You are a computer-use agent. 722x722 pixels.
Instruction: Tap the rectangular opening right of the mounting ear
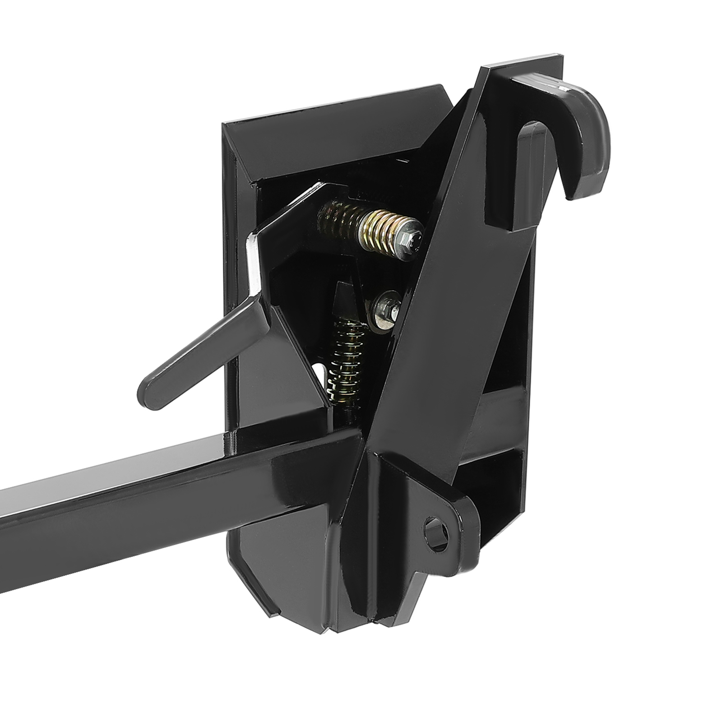(492, 474)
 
